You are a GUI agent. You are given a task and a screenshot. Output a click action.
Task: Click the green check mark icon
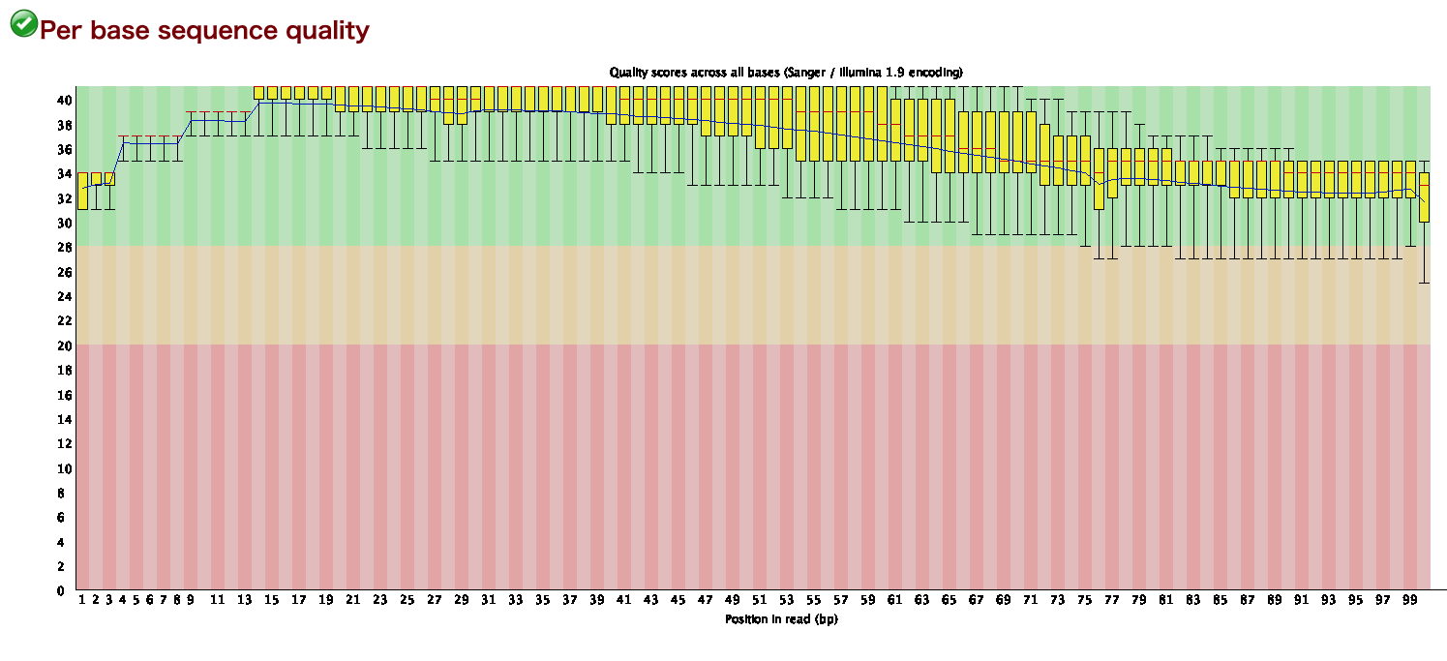point(23,24)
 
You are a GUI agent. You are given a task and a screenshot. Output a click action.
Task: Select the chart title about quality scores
point(785,73)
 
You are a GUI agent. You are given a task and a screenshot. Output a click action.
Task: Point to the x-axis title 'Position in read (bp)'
point(781,618)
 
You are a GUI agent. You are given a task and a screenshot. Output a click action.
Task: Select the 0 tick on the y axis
point(60,590)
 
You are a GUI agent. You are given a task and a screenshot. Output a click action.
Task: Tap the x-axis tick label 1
point(82,600)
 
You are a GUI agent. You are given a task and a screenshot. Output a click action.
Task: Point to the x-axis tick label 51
point(760,600)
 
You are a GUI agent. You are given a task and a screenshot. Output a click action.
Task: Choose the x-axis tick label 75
point(1085,600)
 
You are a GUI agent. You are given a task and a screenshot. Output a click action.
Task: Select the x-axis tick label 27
point(435,600)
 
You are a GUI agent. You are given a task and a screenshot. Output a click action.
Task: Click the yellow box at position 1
point(82,191)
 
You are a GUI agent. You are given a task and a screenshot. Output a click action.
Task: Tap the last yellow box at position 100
point(1424,197)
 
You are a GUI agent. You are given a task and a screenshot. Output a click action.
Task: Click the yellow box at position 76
point(1099,178)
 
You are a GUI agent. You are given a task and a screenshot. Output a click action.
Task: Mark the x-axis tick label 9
point(191,600)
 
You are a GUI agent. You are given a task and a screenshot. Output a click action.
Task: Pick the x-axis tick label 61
point(895,600)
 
